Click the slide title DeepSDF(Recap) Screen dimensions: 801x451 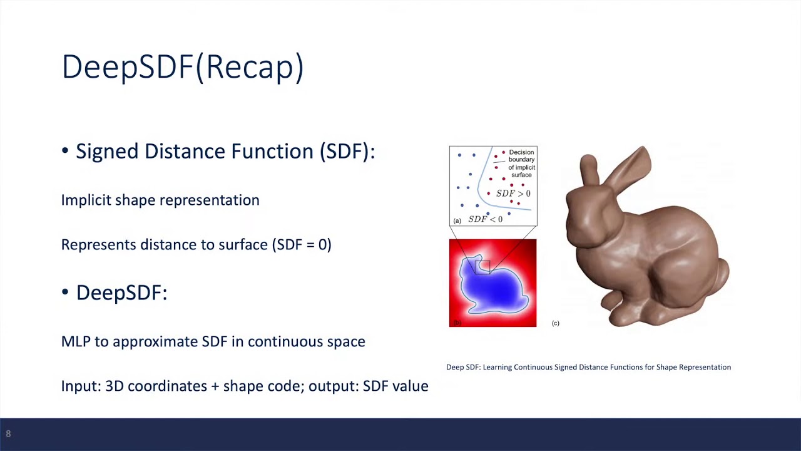point(183,67)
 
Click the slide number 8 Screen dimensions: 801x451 point(8,434)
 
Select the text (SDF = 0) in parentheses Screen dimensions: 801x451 point(302,245)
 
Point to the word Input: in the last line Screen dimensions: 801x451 point(81,386)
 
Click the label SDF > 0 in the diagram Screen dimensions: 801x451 point(513,194)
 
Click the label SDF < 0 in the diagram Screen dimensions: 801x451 point(485,219)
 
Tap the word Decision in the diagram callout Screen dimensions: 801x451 point(521,152)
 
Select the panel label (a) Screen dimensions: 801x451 point(457,221)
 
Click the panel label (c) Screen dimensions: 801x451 point(555,323)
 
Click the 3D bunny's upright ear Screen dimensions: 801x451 point(589,171)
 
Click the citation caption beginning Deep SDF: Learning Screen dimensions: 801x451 point(589,367)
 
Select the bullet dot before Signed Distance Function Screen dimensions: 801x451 point(64,151)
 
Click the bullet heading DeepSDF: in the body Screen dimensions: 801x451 point(121,293)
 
